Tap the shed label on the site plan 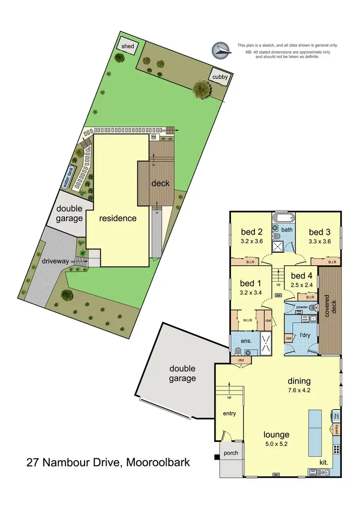pyautogui.click(x=127, y=46)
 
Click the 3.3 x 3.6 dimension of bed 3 pyautogui.click(x=320, y=241)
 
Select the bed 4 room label pyautogui.click(x=301, y=275)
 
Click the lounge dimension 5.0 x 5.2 pyautogui.click(x=276, y=445)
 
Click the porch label pyautogui.click(x=231, y=452)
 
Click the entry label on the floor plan pyautogui.click(x=229, y=414)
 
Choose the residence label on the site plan pyautogui.click(x=118, y=218)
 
